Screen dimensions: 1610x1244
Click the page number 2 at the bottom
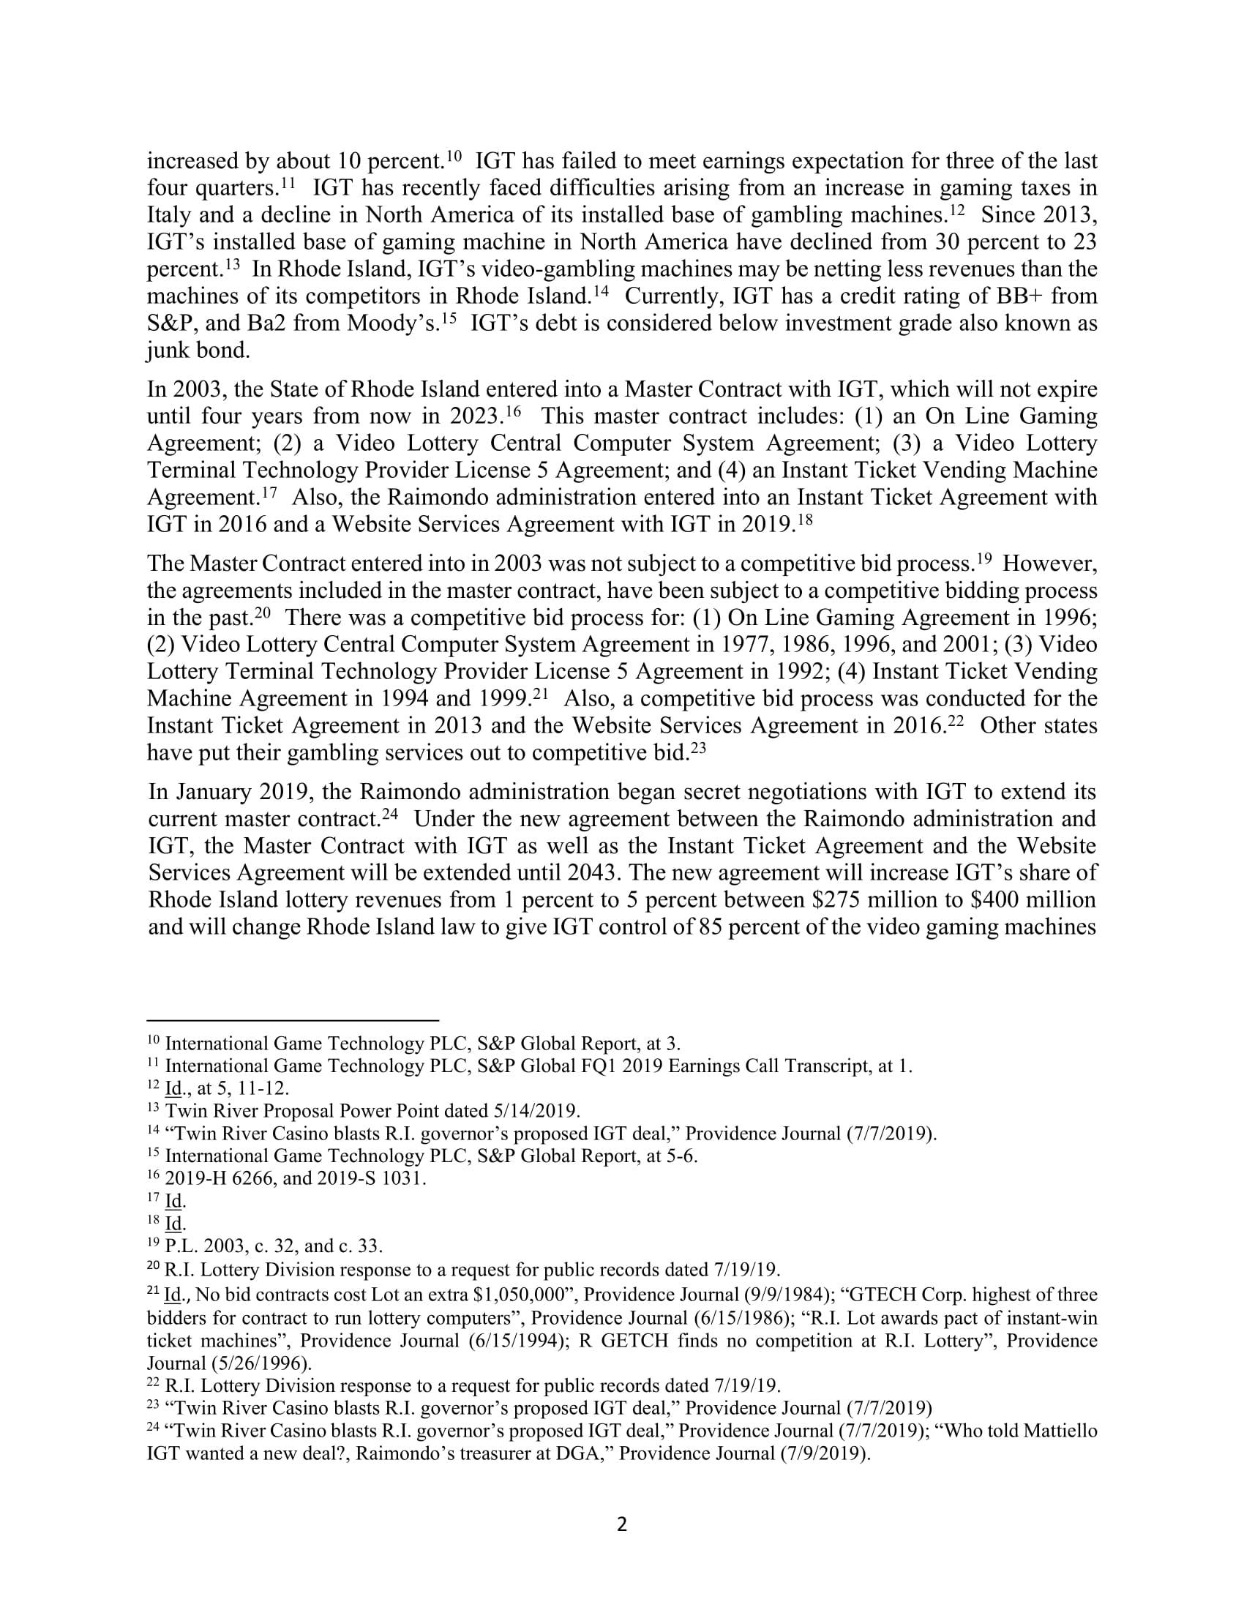click(x=621, y=1524)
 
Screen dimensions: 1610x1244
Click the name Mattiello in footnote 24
click(x=1054, y=1431)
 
